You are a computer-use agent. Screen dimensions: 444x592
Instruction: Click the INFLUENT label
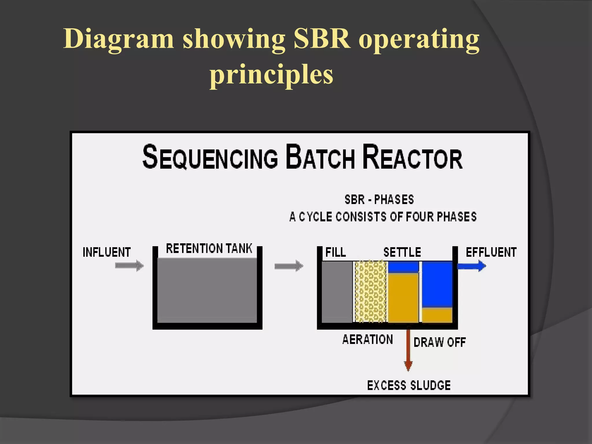click(107, 252)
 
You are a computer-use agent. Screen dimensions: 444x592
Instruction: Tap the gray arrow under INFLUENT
click(129, 266)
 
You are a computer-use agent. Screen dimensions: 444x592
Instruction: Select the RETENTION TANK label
click(209, 249)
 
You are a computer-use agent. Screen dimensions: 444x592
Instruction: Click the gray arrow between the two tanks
click(288, 266)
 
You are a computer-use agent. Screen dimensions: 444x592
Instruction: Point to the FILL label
click(336, 252)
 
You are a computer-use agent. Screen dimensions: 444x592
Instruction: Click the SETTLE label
click(402, 252)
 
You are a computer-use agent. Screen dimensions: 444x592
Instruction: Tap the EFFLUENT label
click(491, 252)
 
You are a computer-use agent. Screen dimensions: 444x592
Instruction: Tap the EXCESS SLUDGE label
click(409, 386)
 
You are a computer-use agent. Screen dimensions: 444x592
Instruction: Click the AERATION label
click(367, 339)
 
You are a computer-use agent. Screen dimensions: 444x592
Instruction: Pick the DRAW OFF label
click(439, 342)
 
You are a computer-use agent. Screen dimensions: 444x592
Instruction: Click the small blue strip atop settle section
click(403, 267)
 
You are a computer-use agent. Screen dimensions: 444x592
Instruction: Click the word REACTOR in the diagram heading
click(412, 158)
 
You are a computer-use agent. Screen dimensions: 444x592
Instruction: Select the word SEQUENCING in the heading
click(210, 158)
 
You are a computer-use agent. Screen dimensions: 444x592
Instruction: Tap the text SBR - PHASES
click(379, 199)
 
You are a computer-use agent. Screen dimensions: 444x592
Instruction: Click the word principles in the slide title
click(271, 75)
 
